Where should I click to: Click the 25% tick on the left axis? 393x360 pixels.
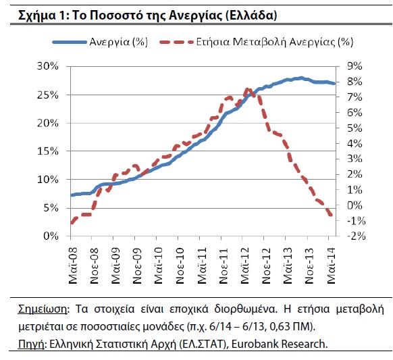point(48,95)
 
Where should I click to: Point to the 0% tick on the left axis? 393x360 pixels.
point(51,236)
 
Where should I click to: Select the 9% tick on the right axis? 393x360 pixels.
point(355,66)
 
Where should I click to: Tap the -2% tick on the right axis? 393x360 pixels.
point(357,236)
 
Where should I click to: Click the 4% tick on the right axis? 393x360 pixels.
point(355,144)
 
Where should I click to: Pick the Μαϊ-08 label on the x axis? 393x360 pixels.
point(73,265)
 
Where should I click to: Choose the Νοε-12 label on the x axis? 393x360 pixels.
point(266,265)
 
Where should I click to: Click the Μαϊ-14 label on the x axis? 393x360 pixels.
point(331,265)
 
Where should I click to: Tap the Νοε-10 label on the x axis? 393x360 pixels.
point(180,265)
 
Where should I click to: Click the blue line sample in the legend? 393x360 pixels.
point(69,42)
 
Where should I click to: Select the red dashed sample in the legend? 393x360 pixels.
point(176,42)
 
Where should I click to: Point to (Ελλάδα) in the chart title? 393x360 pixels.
point(251,16)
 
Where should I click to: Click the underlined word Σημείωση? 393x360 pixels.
point(43,309)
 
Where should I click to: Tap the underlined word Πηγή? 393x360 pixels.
point(31,344)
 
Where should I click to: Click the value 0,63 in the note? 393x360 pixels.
point(280,327)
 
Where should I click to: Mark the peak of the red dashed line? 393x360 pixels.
point(248,89)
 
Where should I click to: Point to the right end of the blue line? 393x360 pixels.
point(334,84)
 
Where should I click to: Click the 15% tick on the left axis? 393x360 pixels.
point(48,151)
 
